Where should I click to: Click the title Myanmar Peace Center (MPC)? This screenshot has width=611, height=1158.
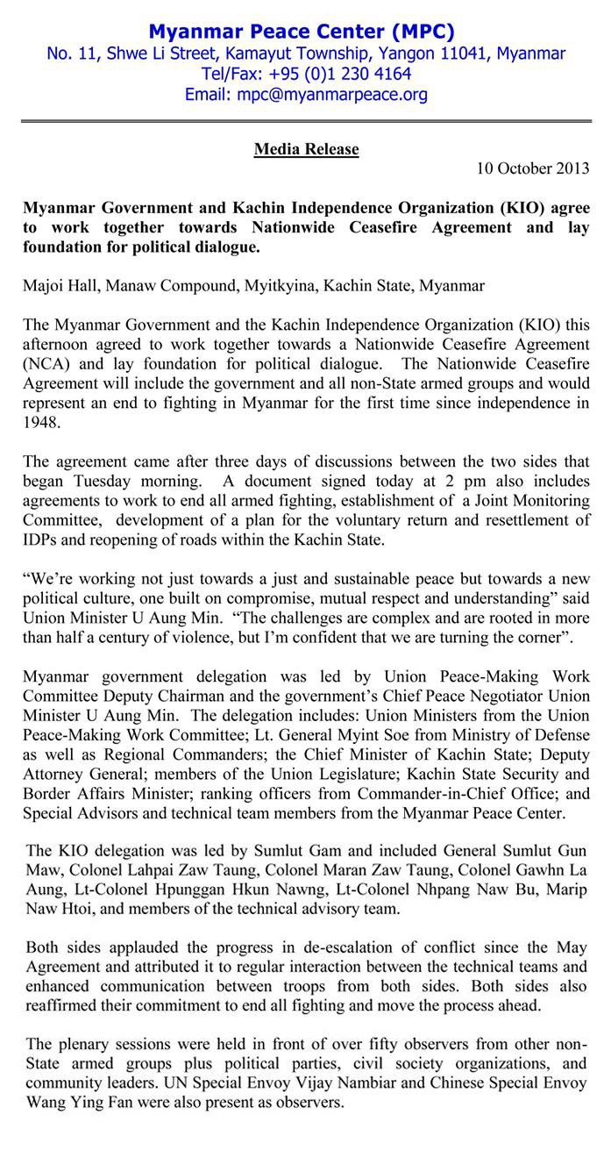click(301, 32)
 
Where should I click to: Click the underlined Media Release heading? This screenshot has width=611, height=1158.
click(306, 149)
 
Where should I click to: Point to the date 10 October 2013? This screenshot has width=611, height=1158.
click(533, 168)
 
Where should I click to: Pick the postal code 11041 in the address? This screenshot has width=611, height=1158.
click(462, 54)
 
